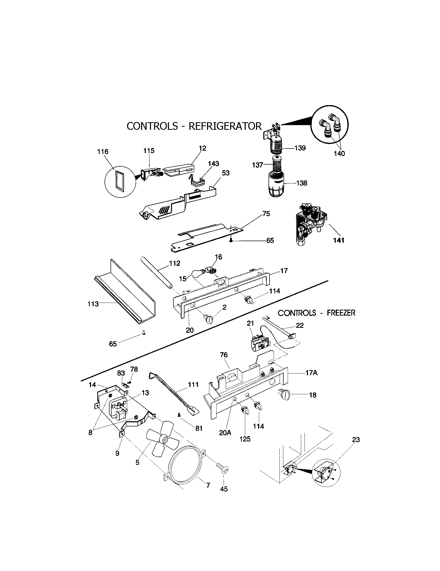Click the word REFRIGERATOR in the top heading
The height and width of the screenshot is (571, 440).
[x=225, y=126]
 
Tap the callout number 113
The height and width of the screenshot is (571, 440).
[x=93, y=304]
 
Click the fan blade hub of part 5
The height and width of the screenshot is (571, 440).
[x=164, y=440]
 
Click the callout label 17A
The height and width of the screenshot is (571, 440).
[x=311, y=373]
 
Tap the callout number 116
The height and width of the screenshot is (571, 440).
[x=103, y=151]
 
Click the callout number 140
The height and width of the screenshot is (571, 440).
[x=339, y=153]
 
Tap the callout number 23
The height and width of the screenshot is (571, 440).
[x=356, y=439]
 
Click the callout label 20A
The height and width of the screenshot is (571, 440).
[x=225, y=433]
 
